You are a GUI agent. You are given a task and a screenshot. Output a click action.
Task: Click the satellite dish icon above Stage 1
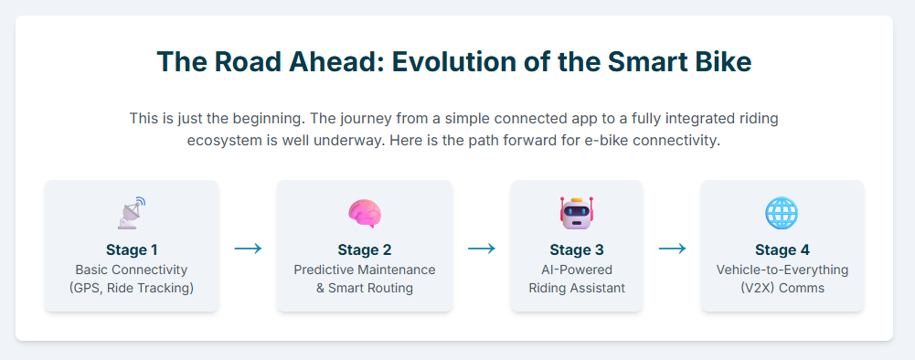click(132, 213)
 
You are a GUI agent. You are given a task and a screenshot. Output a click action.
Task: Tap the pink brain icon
click(365, 213)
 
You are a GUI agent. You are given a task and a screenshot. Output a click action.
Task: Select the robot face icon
click(577, 213)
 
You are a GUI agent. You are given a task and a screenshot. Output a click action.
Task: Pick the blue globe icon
click(782, 213)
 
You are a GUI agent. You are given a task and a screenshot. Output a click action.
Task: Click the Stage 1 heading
click(132, 250)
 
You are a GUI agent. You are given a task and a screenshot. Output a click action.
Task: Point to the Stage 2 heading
click(365, 250)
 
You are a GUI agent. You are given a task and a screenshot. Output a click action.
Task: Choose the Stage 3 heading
click(577, 250)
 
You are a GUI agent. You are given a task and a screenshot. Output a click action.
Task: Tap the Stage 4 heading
click(782, 250)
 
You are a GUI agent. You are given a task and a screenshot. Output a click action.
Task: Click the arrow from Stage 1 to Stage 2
click(248, 249)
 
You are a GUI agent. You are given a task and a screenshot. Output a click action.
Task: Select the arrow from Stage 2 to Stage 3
click(482, 249)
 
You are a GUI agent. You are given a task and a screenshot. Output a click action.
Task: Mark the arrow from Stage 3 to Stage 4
click(672, 249)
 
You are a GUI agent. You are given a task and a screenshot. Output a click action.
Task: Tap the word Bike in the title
click(721, 62)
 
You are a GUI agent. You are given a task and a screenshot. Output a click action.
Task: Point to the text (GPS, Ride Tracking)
click(132, 288)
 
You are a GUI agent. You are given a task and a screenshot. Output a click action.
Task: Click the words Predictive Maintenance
click(365, 270)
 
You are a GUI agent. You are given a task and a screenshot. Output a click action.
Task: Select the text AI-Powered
click(577, 270)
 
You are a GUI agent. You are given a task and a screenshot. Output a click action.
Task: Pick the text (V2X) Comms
click(782, 288)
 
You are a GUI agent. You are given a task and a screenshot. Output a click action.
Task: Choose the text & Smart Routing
click(365, 288)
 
